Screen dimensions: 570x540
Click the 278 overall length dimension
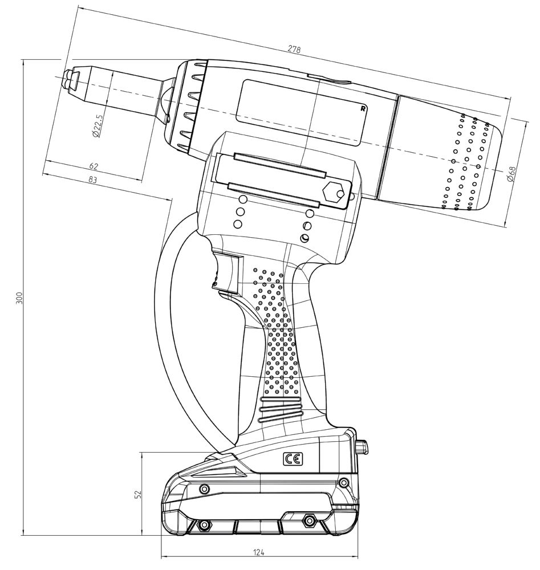(294, 50)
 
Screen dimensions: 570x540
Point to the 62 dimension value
(94, 166)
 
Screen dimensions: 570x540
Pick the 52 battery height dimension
(137, 494)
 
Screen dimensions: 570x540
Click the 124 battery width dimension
(259, 552)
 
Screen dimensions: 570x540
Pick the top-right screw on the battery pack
(343, 483)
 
